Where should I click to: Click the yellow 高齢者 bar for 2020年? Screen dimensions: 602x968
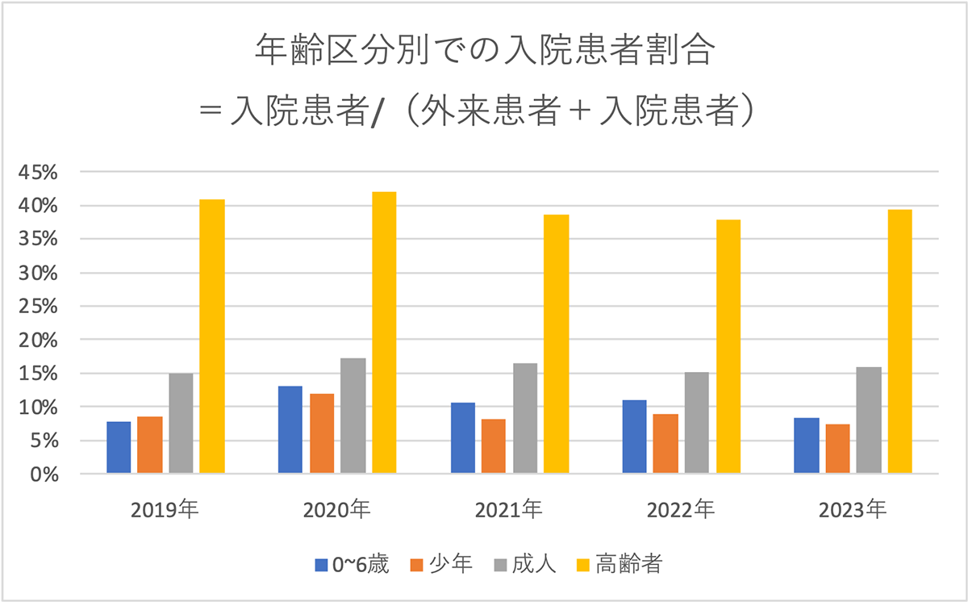pyautogui.click(x=384, y=332)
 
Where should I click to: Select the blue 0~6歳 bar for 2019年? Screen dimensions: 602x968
pyautogui.click(x=119, y=447)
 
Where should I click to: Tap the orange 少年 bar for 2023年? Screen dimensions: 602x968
pyautogui.click(x=837, y=449)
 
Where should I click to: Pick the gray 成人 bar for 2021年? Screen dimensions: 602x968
pyautogui.click(x=525, y=418)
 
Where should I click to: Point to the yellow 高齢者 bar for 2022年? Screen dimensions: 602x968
pyautogui.click(x=728, y=346)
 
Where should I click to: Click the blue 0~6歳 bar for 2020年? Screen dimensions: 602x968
pyautogui.click(x=290, y=429)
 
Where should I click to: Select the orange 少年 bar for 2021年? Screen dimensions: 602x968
pyautogui.click(x=494, y=446)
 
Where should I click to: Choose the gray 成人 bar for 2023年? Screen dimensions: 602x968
pyautogui.click(x=869, y=420)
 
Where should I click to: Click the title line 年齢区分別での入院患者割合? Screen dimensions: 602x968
pyautogui.click(x=484, y=50)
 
